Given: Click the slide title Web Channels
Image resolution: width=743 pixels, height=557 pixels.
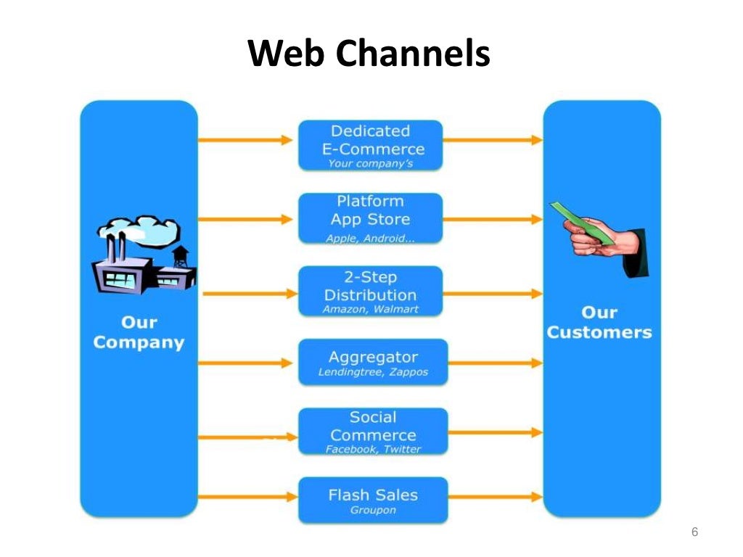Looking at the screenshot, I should click(x=369, y=53).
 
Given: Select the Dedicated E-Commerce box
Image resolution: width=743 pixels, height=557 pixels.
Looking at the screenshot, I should click(x=370, y=145).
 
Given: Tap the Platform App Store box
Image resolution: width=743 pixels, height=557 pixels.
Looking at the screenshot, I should click(x=370, y=218).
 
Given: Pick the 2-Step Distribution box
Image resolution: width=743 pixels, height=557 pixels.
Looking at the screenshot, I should click(x=370, y=290).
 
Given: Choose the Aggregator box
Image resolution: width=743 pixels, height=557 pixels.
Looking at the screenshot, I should click(x=373, y=362).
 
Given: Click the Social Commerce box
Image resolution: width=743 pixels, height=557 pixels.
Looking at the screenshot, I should click(x=373, y=431).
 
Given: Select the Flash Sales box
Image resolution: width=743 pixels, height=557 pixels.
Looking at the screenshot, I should click(x=373, y=500).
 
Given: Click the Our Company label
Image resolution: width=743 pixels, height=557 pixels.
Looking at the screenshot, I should click(x=139, y=332).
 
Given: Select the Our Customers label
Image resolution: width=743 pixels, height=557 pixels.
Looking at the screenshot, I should click(x=599, y=323).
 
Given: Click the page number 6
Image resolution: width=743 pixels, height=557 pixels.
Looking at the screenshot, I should click(x=694, y=533).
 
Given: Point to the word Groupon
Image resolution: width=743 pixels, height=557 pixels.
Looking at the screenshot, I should click(x=373, y=511).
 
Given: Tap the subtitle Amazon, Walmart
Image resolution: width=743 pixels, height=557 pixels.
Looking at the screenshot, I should click(x=370, y=310).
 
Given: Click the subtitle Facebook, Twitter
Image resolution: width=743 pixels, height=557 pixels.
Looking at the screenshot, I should click(x=373, y=450).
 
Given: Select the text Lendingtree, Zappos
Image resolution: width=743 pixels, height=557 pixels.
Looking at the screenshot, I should click(x=373, y=373).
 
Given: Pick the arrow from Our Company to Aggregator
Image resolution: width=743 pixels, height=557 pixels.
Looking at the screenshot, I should click(x=247, y=361).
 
